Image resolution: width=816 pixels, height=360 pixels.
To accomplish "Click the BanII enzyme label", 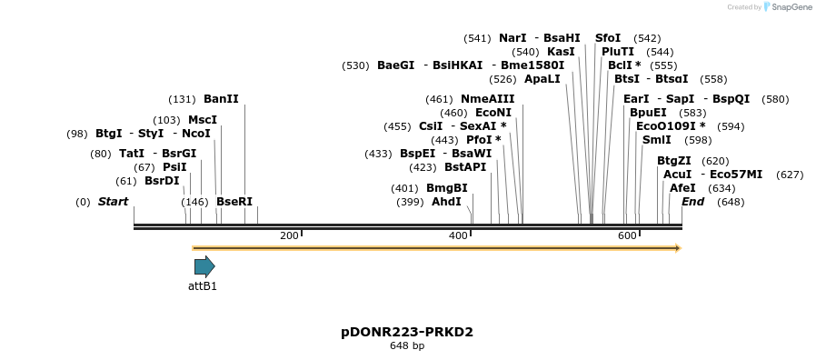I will (221, 98).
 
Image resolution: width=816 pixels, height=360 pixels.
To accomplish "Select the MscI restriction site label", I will (203, 120).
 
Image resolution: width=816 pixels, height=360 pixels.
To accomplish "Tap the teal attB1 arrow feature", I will (204, 266).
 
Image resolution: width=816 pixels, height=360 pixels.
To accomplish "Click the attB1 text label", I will (203, 286).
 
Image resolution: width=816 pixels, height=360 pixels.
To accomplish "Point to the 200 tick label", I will (289, 236).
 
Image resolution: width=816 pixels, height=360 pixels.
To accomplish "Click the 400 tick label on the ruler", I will (458, 236).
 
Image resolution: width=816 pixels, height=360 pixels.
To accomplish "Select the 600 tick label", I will (627, 236).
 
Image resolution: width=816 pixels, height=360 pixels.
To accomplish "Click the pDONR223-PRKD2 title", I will (407, 332).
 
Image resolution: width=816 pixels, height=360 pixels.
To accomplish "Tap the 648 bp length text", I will (407, 346).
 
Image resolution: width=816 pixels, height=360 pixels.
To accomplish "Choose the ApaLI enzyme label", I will (542, 79).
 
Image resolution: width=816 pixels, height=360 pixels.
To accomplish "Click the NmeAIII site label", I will (487, 99).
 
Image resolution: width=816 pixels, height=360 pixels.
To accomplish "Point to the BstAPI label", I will (465, 167).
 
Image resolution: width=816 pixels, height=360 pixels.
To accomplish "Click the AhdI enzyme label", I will (446, 202).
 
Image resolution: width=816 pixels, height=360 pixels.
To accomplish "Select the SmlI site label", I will (656, 140).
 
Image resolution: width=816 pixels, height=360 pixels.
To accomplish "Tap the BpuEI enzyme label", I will (648, 113).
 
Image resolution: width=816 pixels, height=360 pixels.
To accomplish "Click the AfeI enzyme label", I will (682, 188).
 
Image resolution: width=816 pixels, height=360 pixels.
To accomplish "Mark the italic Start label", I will (113, 202).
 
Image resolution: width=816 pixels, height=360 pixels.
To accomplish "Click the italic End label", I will (692, 202).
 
